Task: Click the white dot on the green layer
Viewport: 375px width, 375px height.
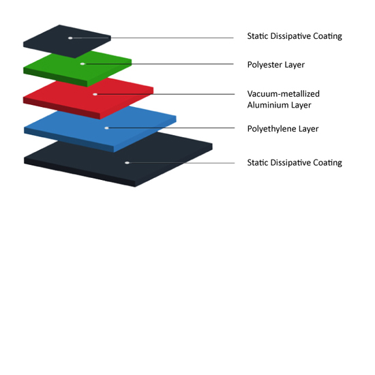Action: [x=82, y=64]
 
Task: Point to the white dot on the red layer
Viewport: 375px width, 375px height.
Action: [x=95, y=94]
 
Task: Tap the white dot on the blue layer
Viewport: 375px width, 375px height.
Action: [x=106, y=128]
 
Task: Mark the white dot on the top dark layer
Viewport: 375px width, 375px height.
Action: [x=70, y=38]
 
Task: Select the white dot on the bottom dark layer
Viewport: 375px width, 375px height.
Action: [x=127, y=163]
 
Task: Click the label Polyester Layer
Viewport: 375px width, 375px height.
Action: [x=276, y=65]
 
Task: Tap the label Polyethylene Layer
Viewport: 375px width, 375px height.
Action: [x=283, y=129]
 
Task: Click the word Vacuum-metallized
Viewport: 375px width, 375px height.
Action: [x=284, y=94]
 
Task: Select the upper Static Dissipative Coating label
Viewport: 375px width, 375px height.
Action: [x=295, y=36]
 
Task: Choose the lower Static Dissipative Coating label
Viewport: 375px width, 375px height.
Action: [x=295, y=163]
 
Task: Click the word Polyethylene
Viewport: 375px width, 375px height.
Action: [x=271, y=129]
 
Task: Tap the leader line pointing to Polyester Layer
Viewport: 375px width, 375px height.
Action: [x=158, y=64]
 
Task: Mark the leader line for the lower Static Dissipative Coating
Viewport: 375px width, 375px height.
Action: [x=181, y=163]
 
